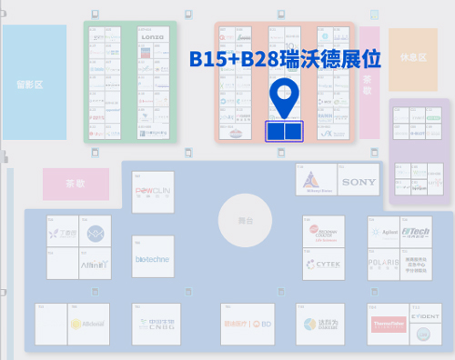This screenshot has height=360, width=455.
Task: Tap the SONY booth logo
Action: pyautogui.click(x=359, y=182)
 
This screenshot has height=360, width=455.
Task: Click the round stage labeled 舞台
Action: pyautogui.click(x=245, y=221)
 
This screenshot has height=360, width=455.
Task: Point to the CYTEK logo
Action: pyautogui.click(x=325, y=265)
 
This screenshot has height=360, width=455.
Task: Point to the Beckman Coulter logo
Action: pyautogui.click(x=325, y=234)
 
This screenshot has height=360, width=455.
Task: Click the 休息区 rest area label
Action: pyautogui.click(x=413, y=57)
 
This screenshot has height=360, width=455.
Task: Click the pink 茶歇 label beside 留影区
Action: pyautogui.click(x=76, y=184)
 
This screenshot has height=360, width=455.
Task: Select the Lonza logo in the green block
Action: pyautogui.click(x=152, y=36)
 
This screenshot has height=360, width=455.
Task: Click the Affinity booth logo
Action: pyautogui.click(x=96, y=264)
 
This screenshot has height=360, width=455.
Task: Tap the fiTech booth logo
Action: pyautogui.click(x=415, y=232)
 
